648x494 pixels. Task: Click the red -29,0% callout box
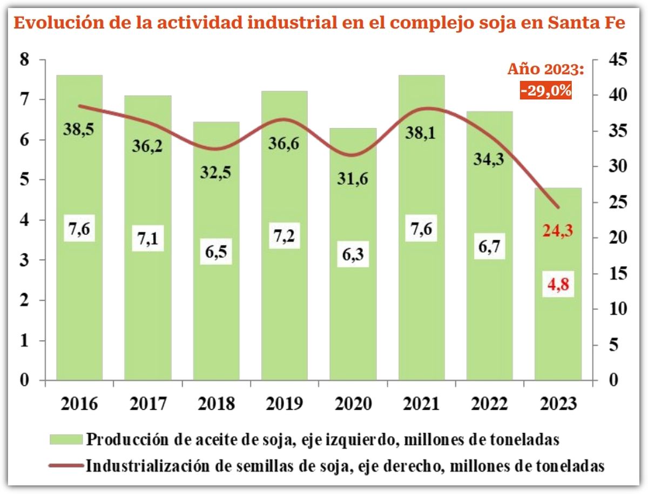click(x=546, y=90)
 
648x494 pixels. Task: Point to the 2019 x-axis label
click(x=284, y=404)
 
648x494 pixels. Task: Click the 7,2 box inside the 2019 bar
click(x=285, y=236)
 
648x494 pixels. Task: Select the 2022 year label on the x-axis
click(x=489, y=404)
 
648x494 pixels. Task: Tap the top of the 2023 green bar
click(x=558, y=189)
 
